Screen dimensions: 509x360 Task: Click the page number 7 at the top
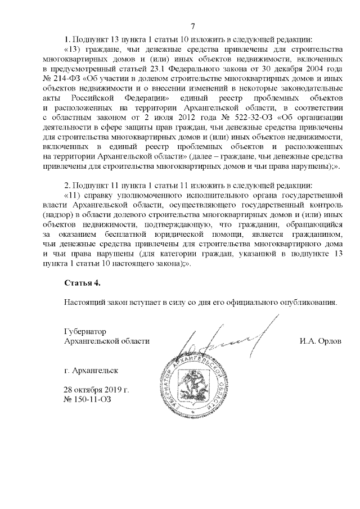192,26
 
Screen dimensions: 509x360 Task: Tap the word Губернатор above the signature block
85,331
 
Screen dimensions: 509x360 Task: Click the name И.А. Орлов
321,341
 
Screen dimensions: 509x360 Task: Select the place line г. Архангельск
92,370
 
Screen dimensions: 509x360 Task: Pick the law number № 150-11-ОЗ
88,399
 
